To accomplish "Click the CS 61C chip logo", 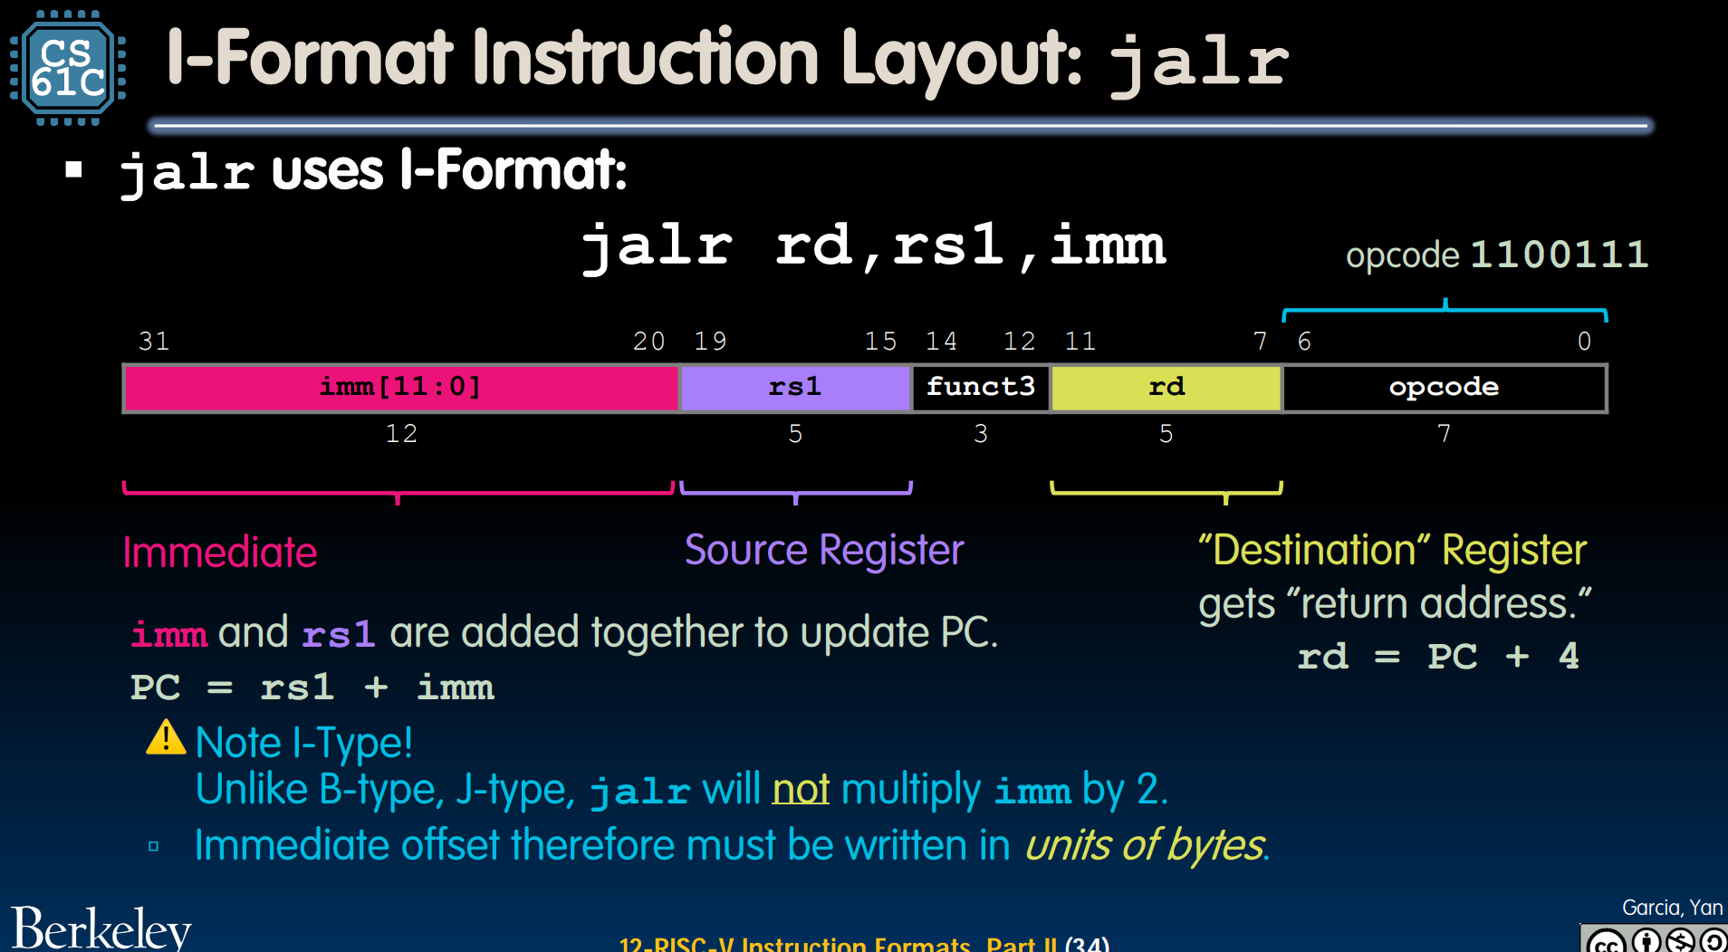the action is [x=68, y=67].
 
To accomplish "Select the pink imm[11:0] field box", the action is [x=401, y=388].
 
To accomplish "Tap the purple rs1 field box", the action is [x=795, y=388].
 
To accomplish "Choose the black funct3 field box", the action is [x=981, y=388].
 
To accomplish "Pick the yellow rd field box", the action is [x=1166, y=388].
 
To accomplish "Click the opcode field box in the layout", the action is [x=1445, y=388].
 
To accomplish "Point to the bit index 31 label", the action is [x=154, y=341].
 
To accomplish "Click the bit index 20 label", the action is [x=648, y=341].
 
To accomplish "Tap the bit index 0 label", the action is [x=1584, y=341].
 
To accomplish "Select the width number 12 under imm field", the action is [x=401, y=434].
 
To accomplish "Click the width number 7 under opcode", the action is [x=1445, y=434].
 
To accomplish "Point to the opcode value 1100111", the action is [x=1560, y=255].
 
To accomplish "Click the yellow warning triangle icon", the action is [x=166, y=737].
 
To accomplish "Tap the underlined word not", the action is [x=801, y=789].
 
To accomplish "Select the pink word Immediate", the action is [x=220, y=553].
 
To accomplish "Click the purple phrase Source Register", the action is [x=824, y=551].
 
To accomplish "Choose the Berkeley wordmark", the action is [x=101, y=928].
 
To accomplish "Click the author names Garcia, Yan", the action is [x=1672, y=908].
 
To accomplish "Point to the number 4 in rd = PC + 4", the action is [x=1570, y=656].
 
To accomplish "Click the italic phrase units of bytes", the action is [x=1145, y=846].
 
